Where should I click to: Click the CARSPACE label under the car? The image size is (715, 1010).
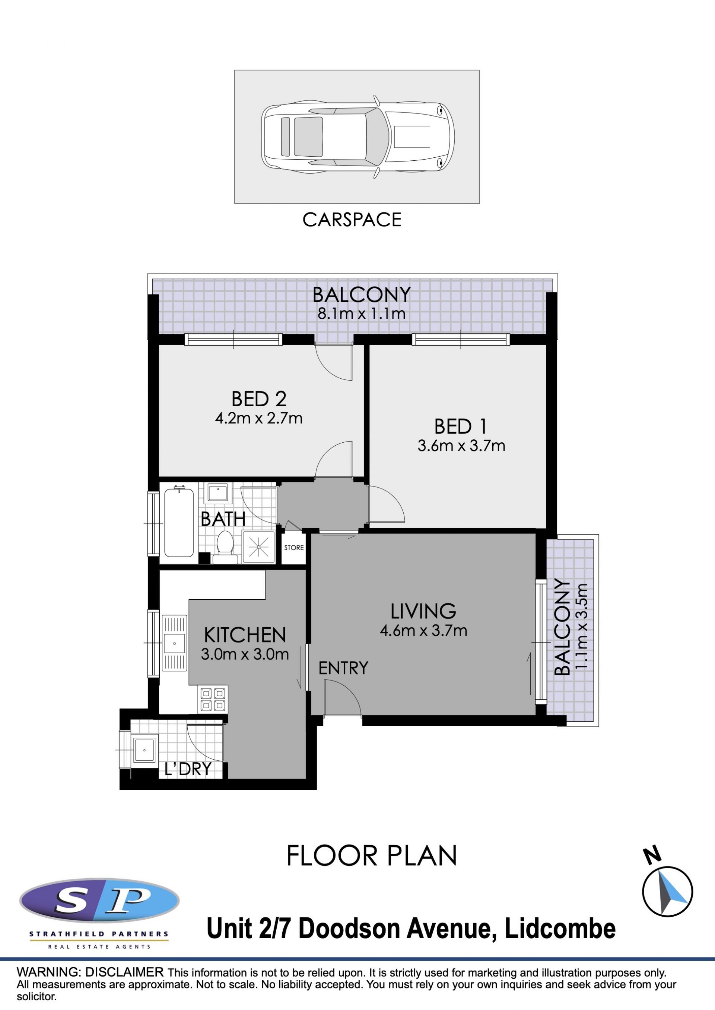(352, 219)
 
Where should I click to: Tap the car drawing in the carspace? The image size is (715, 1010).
(357, 137)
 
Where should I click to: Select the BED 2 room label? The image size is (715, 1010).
(259, 399)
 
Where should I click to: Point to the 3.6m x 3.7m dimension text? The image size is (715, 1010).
(461, 446)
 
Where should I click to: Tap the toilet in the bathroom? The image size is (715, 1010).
(225, 547)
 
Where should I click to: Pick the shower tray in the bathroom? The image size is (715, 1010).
(258, 547)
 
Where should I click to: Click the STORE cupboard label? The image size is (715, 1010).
(294, 548)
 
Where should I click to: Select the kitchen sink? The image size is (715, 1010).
(174, 643)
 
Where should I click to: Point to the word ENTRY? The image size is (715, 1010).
(343, 668)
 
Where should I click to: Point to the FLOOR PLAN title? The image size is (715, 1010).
(372, 856)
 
